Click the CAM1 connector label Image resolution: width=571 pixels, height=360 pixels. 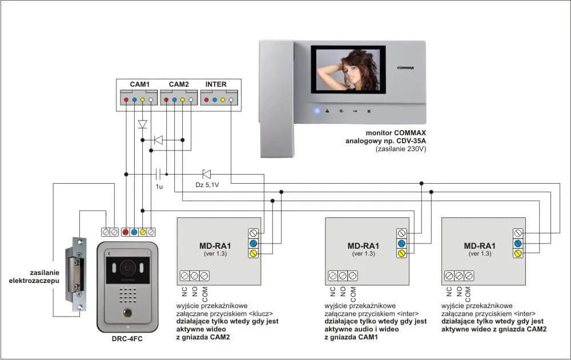tap(139, 84)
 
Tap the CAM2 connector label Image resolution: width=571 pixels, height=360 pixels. tap(178, 84)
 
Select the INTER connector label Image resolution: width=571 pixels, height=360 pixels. tap(216, 84)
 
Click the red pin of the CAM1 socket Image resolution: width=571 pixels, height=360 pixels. tap(126, 100)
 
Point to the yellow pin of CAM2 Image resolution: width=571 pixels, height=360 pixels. tap(182, 100)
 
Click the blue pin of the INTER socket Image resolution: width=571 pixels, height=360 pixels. tap(214, 100)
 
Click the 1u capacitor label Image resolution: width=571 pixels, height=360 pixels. tap(159, 185)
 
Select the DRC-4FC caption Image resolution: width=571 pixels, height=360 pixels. tap(127, 339)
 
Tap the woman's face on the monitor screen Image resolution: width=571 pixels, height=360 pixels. tap(350, 62)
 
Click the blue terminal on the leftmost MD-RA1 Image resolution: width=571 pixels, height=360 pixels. tap(253, 243)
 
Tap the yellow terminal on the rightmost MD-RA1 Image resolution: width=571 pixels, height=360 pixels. tap(518, 253)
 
